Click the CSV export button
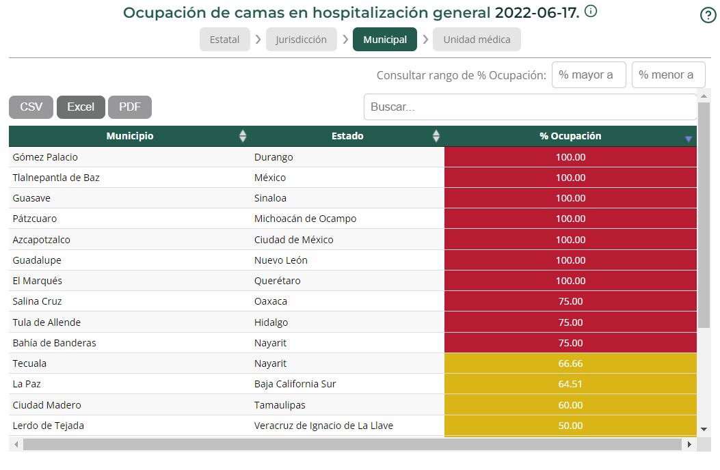pos(31,107)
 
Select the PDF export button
pos(130,107)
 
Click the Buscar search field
pos(530,107)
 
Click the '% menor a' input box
pos(668,75)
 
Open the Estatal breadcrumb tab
pos(224,40)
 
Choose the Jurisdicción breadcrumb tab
pos(301,40)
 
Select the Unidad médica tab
pos(477,40)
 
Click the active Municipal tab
pos(385,40)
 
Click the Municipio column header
pos(130,136)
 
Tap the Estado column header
pos(347,136)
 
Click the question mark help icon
pos(708,15)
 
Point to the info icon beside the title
pos(591,11)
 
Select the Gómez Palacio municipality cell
pos(45,157)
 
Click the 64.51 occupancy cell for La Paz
pos(570,384)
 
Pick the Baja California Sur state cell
pos(295,384)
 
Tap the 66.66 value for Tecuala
pos(570,363)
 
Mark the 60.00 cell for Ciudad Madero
pos(570,405)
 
